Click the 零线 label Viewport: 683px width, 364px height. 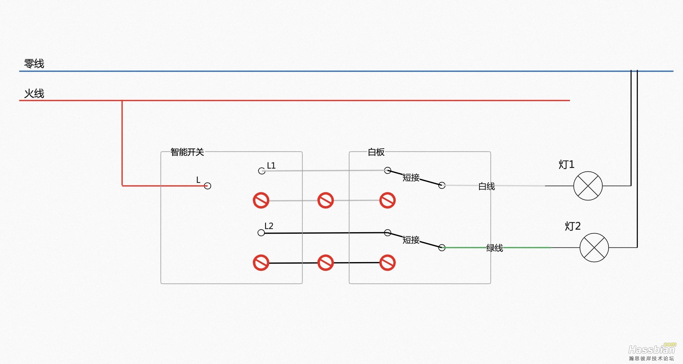coord(34,64)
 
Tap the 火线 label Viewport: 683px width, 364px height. coord(34,93)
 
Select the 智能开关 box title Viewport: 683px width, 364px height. coord(187,152)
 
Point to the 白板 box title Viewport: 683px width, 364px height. coord(376,152)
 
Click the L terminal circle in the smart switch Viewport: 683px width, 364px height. coord(208,186)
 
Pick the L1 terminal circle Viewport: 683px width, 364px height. coord(262,171)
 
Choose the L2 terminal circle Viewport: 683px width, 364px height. coord(261,233)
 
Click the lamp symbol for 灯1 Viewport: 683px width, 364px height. coord(588,186)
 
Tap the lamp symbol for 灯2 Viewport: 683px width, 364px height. coord(594,247)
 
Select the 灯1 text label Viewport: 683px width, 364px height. coord(566,164)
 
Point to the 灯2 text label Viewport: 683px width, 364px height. coord(573,226)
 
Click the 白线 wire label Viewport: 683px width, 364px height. coord(487,186)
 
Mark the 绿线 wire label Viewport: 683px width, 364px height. coord(495,248)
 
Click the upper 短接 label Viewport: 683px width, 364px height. coord(411,178)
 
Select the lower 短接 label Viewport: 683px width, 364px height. coord(411,240)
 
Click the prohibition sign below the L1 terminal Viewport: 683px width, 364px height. coord(261,200)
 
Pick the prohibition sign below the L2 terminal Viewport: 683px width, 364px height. coord(261,263)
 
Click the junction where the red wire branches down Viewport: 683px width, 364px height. coord(122,101)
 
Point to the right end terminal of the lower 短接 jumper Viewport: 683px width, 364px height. coord(442,247)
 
